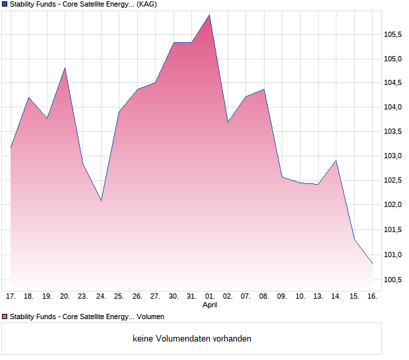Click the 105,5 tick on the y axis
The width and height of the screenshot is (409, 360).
394,34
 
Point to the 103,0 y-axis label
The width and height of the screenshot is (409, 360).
394,156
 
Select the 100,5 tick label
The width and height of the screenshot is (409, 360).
394,280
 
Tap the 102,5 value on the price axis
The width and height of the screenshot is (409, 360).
394,181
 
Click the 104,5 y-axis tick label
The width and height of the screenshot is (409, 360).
394,83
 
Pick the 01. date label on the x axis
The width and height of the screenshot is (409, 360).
210,297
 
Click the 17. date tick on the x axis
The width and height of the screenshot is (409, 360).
11,297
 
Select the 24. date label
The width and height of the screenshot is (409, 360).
101,297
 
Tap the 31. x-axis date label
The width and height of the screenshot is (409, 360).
192,297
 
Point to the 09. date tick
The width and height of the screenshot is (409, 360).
282,297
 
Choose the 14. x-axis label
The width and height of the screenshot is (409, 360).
336,297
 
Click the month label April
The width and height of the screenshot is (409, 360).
210,305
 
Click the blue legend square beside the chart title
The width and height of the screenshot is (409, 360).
5,4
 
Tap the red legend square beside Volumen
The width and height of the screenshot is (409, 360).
5,317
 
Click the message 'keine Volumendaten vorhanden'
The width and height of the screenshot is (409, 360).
192,339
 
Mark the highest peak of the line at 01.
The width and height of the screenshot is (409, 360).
210,15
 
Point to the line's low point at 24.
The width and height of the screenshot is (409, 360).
101,200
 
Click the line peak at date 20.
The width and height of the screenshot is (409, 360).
65,68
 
